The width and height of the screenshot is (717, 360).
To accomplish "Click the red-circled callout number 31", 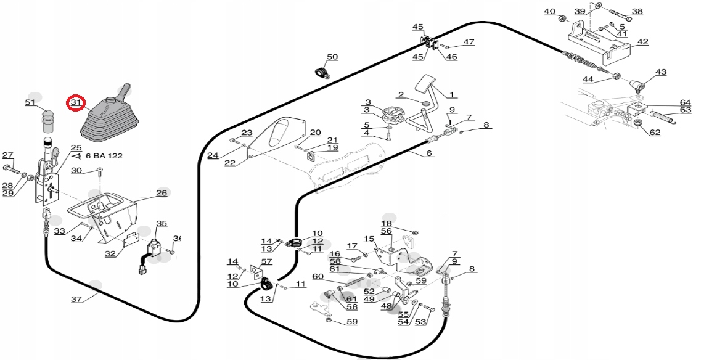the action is click(x=76, y=103).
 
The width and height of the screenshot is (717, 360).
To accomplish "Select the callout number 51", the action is click(x=30, y=103).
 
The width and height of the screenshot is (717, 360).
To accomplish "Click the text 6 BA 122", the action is click(x=104, y=155).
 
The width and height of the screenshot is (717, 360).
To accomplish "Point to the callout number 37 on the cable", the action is click(x=76, y=300).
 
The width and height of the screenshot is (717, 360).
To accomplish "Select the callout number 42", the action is click(x=642, y=42).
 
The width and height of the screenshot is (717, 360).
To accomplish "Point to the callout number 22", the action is click(x=229, y=163).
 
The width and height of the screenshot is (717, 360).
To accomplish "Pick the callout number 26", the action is click(x=162, y=193).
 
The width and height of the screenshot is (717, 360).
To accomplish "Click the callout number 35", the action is click(x=162, y=224).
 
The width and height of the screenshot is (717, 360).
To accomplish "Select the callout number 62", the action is click(x=655, y=133).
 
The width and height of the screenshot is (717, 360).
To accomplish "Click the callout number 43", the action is click(x=661, y=72).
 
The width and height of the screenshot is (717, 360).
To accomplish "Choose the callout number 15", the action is click(x=369, y=239).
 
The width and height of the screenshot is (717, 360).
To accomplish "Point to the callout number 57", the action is click(x=266, y=261).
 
